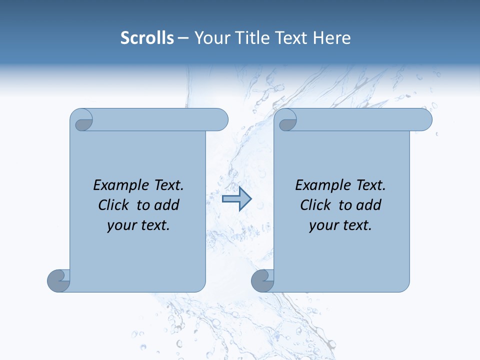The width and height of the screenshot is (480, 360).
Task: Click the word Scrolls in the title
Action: pyautogui.click(x=147, y=38)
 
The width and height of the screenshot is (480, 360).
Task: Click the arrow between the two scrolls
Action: pyautogui.click(x=236, y=199)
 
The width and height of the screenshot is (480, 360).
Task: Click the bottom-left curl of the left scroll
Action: pyautogui.click(x=58, y=281)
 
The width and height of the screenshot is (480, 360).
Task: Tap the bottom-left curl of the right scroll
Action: pyautogui.click(x=262, y=281)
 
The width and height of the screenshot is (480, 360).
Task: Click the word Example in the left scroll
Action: pyautogui.click(x=120, y=185)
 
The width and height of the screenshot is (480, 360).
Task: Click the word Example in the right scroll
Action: pyautogui.click(x=322, y=185)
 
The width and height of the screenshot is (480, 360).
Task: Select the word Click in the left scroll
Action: pyautogui.click(x=113, y=205)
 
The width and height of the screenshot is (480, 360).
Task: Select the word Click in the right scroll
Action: pyautogui.click(x=315, y=205)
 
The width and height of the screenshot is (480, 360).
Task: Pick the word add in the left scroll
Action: pyautogui.click(x=166, y=205)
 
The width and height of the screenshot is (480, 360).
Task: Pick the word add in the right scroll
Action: pyautogui.click(x=368, y=205)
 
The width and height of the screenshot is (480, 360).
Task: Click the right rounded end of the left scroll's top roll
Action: pyautogui.click(x=220, y=120)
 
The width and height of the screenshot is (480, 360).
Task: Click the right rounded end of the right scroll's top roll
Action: pyautogui.click(x=424, y=120)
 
